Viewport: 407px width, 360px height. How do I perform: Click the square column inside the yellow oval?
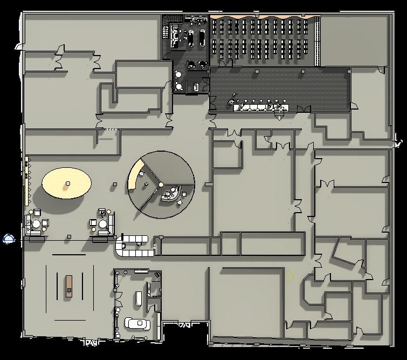[x=67, y=184]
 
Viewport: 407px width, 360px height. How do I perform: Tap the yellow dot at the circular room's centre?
[x=161, y=185]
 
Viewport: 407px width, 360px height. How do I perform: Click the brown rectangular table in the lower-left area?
[x=69, y=286]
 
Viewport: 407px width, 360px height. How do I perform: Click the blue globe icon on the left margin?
[x=9, y=239]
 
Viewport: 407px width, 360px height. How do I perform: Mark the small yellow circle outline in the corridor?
[x=290, y=277]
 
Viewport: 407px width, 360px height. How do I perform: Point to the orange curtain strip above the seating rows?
[x=264, y=18]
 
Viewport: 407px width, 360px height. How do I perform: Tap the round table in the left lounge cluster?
[x=36, y=223]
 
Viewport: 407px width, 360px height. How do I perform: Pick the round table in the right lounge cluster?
[x=102, y=223]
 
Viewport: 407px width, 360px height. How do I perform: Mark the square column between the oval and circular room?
[x=115, y=185]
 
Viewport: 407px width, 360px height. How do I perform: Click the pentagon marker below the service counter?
[x=279, y=114]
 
